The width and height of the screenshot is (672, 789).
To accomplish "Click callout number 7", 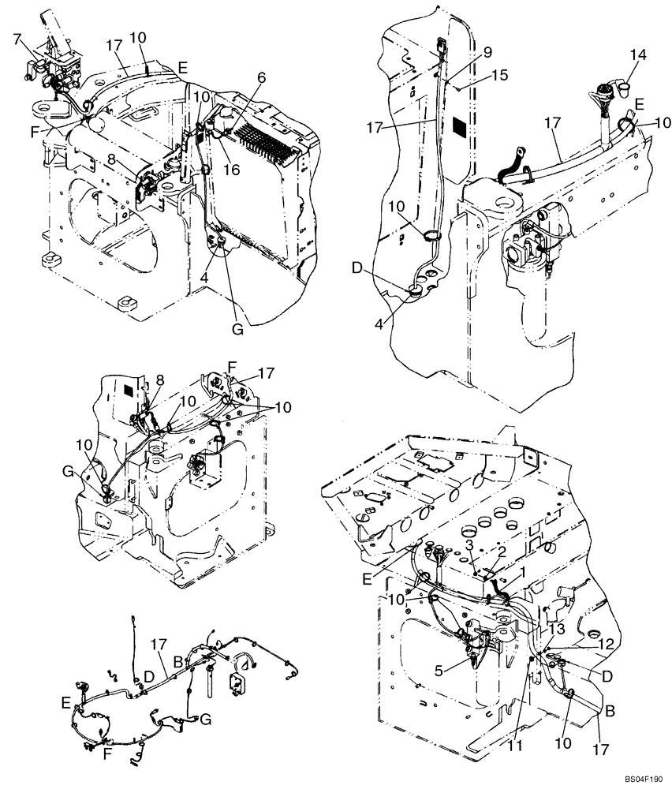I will point(17,39).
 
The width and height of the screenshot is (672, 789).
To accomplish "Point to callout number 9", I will point(487,53).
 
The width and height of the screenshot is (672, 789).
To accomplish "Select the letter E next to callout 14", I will point(639,103).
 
